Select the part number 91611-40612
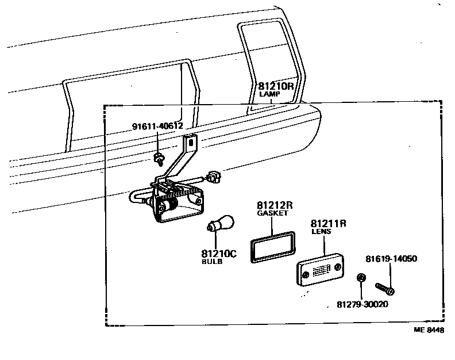coord(157,127)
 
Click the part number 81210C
coord(219,253)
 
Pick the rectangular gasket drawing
coord(272,247)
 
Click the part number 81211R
coord(328,223)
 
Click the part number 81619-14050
coord(391,259)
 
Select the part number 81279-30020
coord(362,304)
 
